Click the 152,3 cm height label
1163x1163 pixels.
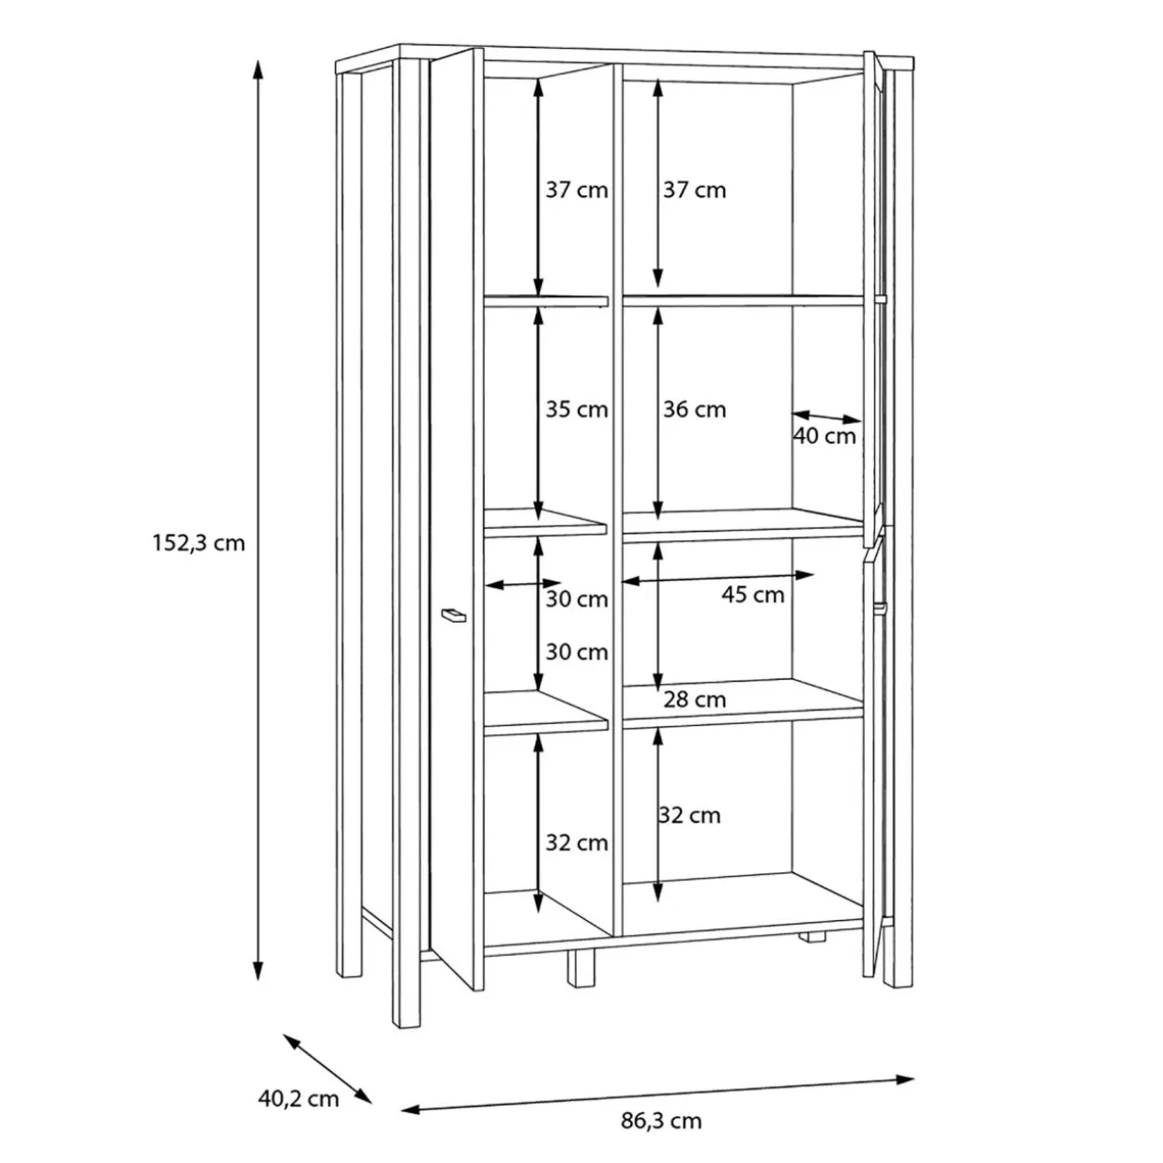(199, 544)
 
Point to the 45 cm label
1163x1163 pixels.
(752, 595)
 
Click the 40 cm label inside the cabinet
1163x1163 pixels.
(824, 436)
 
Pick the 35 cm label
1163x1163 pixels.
(577, 410)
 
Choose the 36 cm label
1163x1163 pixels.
(695, 410)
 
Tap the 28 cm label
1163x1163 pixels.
(695, 700)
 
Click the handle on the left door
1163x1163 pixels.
(454, 615)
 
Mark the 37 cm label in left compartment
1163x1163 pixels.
(577, 190)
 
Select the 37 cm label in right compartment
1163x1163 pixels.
(695, 190)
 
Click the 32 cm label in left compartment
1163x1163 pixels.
(577, 843)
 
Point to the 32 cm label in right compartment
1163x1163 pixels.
(690, 816)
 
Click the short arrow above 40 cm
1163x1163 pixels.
(826, 417)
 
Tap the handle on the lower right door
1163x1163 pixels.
(882, 608)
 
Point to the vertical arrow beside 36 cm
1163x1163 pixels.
(657, 414)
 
